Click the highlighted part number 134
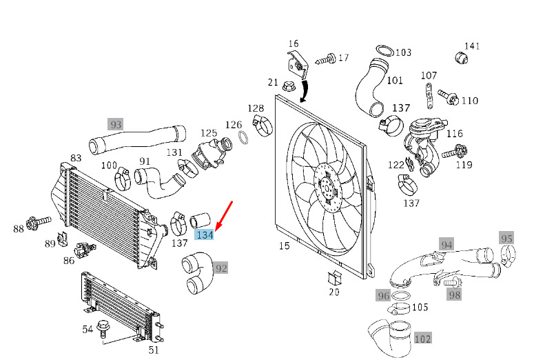coord(205,235)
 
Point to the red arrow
coord(224,214)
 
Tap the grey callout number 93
coord(116,124)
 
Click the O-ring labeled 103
coord(385,50)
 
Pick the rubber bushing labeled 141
coord(461,58)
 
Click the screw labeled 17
coord(325,60)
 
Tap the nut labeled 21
coord(289,86)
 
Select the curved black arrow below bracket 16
coord(304,90)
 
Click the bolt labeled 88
coord(39,223)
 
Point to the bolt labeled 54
coord(102,329)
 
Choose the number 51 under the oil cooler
coord(154,350)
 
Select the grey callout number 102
coord(422,338)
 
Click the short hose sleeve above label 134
coord(200,220)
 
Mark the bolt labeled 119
coord(455,152)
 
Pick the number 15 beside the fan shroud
coord(284,246)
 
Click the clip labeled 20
coord(333,278)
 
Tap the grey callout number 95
coord(506,239)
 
